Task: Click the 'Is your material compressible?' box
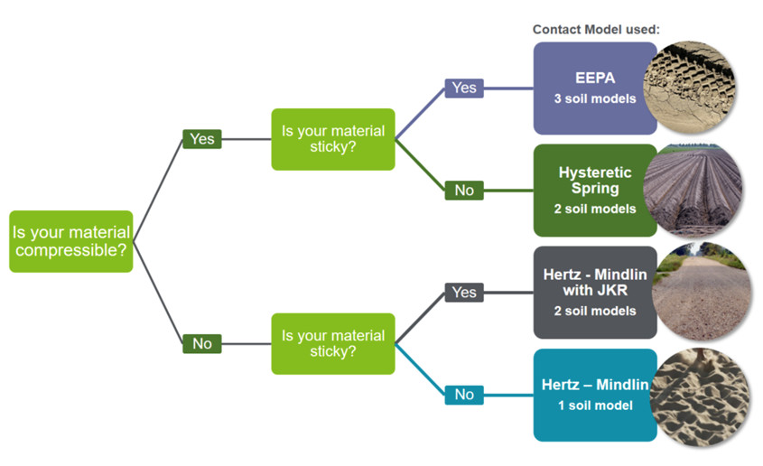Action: pos(71,241)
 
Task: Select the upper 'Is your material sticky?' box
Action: pos(333,139)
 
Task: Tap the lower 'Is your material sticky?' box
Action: pos(333,343)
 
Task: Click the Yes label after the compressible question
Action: pos(202,139)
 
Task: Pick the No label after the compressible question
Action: pos(202,343)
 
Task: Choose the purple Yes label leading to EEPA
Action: pos(464,88)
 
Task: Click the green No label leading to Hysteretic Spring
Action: pos(464,191)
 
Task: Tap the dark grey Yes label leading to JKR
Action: pos(464,293)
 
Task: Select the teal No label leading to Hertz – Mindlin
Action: pos(464,395)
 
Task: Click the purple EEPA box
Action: pos(594,88)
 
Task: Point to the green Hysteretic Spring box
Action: pos(594,190)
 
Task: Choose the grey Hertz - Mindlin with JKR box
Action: pos(594,292)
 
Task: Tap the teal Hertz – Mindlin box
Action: pos(594,395)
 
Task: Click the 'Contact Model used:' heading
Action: pos(596,29)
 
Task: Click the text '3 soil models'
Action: pos(594,98)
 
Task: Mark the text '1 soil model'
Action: pos(594,405)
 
